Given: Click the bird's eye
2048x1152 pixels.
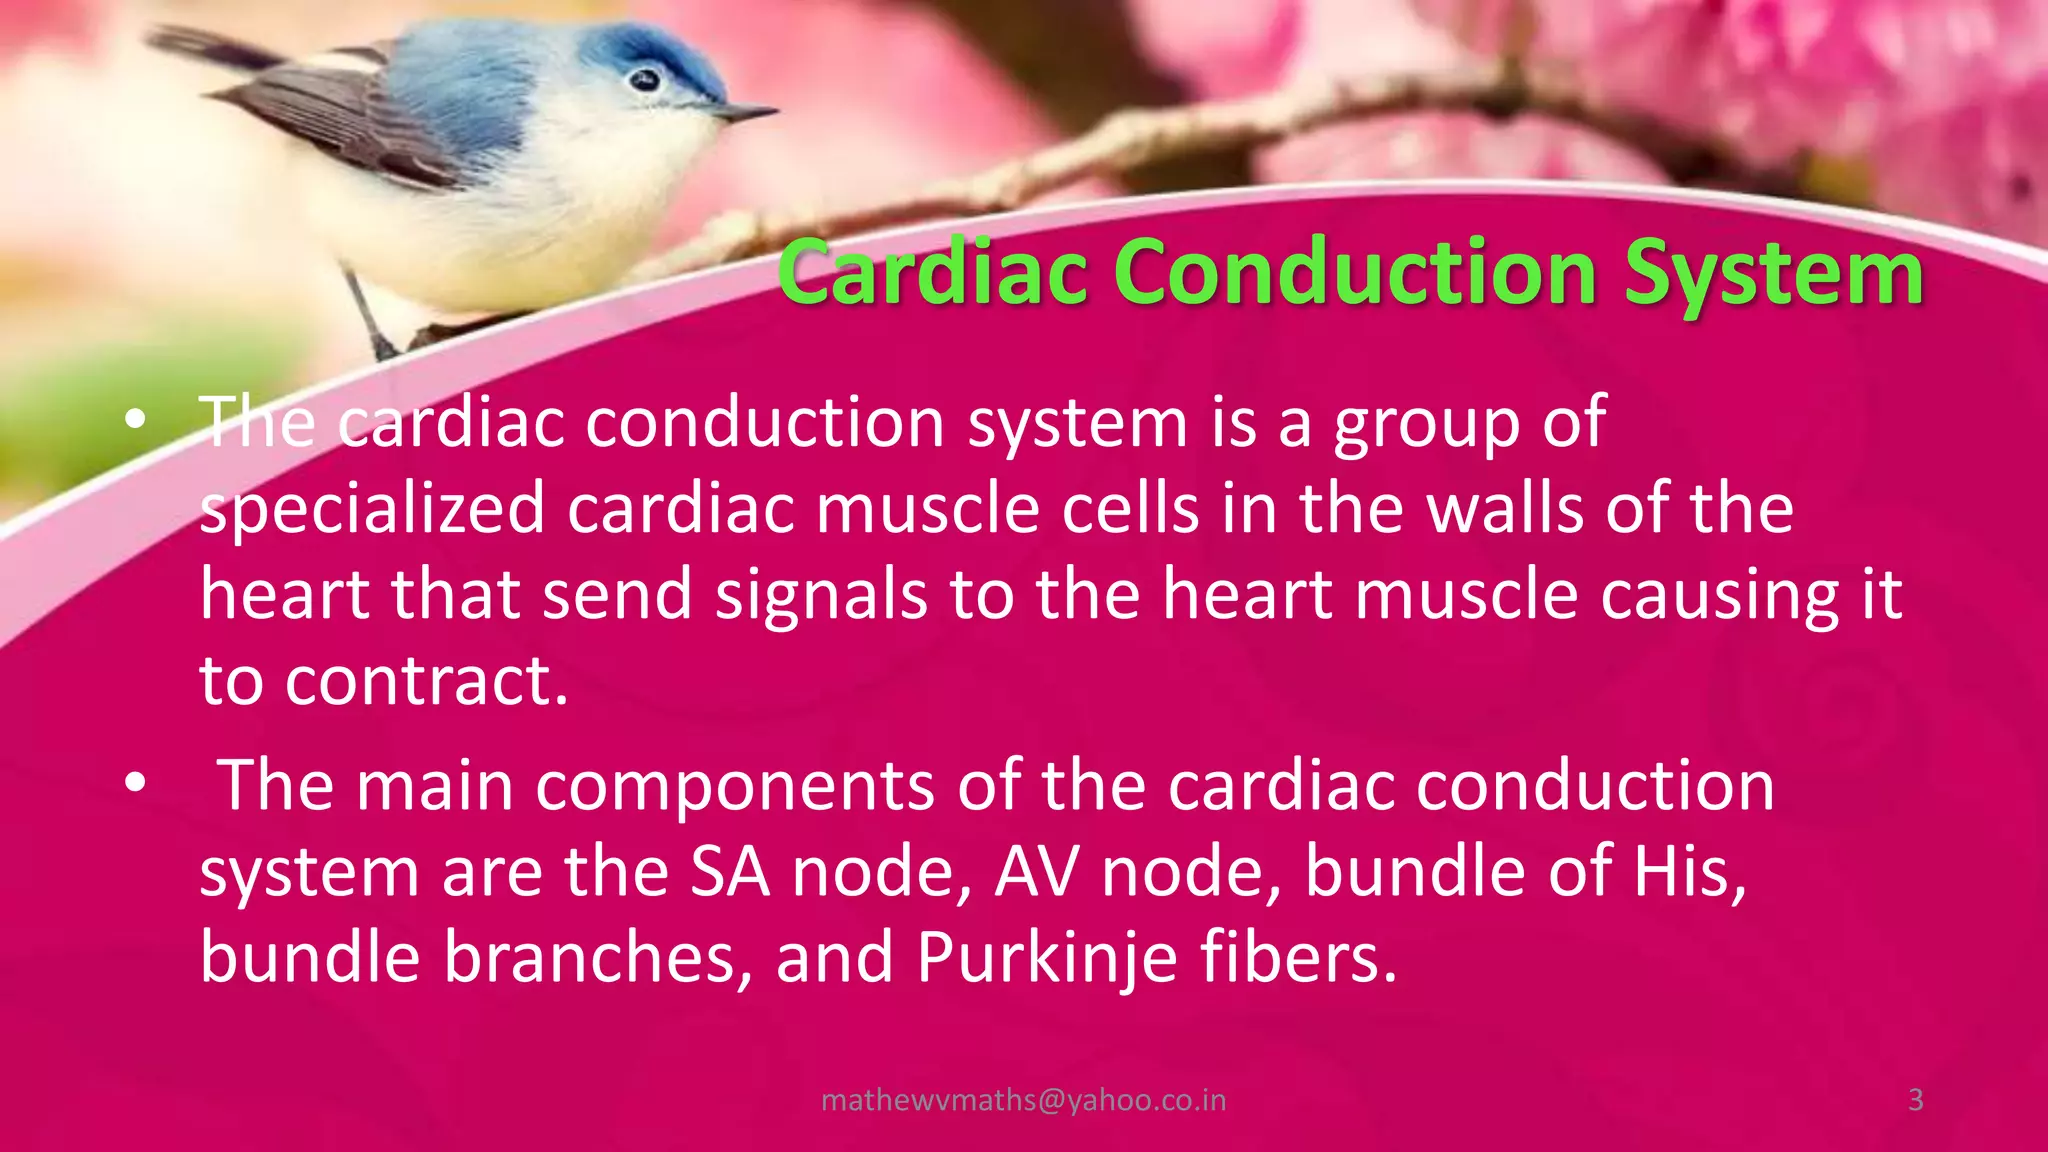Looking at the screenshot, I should coord(646,79).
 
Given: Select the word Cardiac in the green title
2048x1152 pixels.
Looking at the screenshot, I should coord(932,273).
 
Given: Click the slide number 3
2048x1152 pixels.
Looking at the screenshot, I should coord(1915,1100).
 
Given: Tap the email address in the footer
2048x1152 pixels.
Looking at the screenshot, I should coord(1023,1100).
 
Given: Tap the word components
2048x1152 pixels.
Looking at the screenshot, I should coord(735,785).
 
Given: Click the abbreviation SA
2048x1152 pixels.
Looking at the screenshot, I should coord(730,872).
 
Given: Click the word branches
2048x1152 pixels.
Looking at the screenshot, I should coord(596,957).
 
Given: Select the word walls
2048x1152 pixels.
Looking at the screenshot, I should coord(1505,509).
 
